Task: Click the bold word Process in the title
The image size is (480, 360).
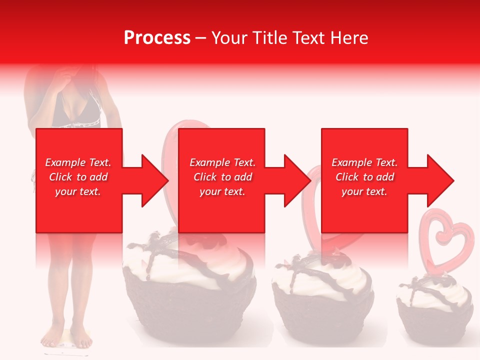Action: click(x=157, y=38)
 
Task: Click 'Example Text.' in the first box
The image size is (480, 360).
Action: click(x=78, y=162)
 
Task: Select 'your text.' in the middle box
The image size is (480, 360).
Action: click(x=222, y=191)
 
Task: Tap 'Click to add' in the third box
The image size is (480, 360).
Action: click(x=365, y=177)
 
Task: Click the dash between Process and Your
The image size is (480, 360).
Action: click(x=201, y=38)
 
